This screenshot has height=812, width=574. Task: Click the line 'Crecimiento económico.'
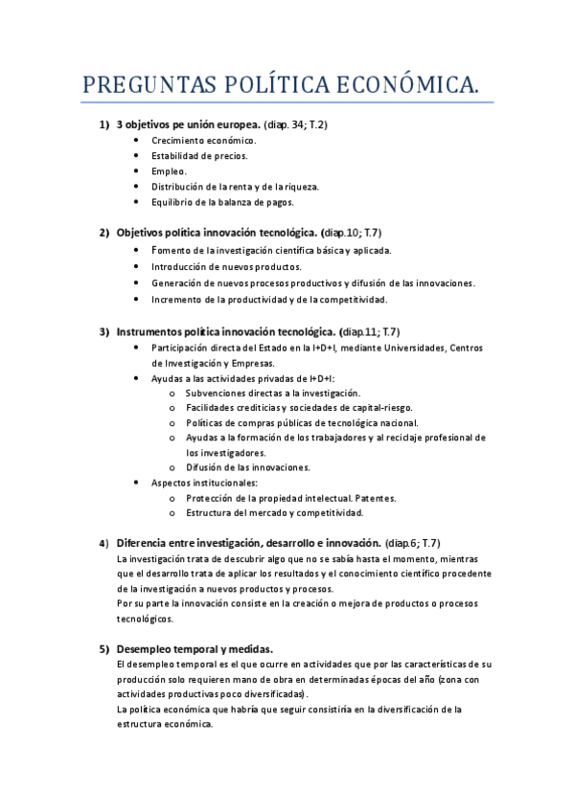tap(203, 140)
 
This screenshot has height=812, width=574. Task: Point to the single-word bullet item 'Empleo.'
tap(169, 170)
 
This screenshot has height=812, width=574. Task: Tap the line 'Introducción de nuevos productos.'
tap(226, 267)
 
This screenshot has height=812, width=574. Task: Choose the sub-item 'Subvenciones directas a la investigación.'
tap(273, 393)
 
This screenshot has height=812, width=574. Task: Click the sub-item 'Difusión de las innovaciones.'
tap(247, 467)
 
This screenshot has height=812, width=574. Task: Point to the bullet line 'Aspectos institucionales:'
tap(204, 483)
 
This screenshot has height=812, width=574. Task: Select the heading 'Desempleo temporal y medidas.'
tap(195, 648)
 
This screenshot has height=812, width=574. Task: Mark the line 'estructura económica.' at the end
tap(164, 724)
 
